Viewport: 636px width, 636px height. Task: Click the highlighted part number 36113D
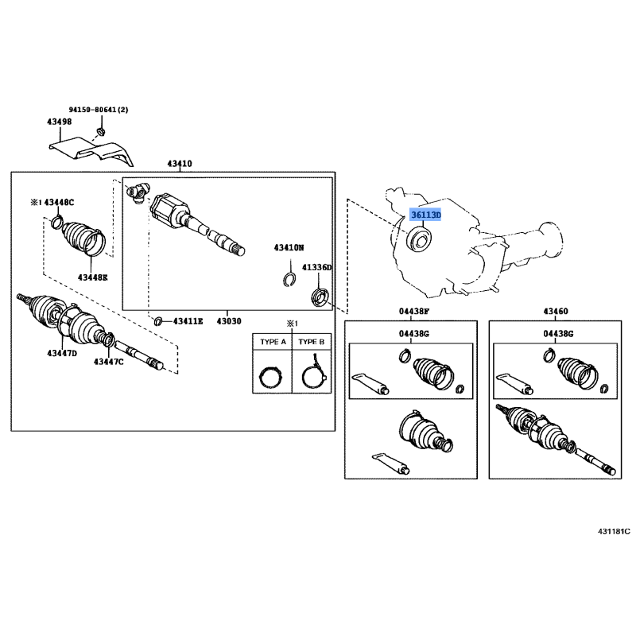(425, 215)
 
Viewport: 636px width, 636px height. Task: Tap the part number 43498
(59, 122)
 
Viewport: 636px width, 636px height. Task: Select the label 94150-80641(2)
(99, 110)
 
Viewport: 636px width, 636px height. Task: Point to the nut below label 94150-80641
(101, 131)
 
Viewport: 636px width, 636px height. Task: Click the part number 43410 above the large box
(180, 164)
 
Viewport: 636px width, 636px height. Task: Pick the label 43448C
(59, 202)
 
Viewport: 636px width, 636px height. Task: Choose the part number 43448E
(93, 277)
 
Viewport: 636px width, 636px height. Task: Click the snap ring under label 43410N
(289, 279)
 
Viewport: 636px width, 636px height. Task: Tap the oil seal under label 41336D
(320, 297)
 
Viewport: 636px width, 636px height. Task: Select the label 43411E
(188, 321)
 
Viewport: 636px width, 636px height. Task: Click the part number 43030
(229, 321)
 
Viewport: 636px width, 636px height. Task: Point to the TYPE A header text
(273, 342)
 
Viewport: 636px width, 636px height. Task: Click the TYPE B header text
(312, 342)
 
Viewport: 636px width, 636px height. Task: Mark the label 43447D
(62, 353)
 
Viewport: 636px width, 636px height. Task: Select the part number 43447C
(109, 362)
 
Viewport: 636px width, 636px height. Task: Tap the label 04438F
(414, 311)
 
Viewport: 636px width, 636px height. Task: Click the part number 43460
(556, 311)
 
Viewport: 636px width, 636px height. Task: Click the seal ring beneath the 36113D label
(419, 241)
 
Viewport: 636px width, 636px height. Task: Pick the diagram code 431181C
(614, 531)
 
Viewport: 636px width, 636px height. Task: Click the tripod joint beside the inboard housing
(138, 192)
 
